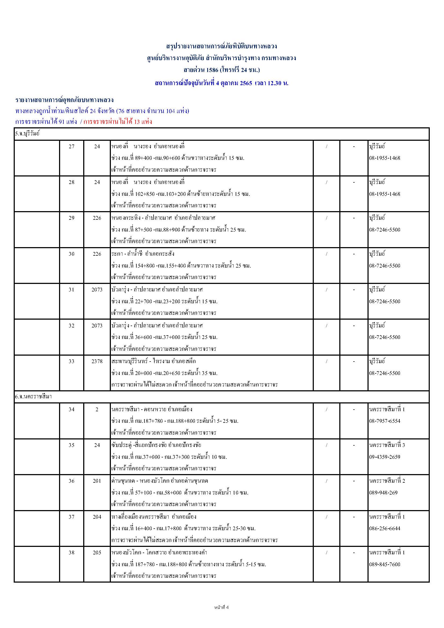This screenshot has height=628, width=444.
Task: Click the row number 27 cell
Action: coord(71,146)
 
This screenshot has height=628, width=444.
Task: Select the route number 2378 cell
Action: coord(97,361)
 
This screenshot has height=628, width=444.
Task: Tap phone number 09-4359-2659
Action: coord(384,457)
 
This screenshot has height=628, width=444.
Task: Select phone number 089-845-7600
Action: coord(384,564)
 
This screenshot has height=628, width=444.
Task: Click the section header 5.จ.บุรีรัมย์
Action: coord(27,134)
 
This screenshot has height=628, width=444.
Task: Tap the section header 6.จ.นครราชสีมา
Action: coord(33,397)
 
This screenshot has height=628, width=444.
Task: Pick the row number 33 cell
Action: coord(71,361)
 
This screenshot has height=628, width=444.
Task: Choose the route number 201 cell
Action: coord(97,481)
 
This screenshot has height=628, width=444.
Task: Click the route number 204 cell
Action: coord(97,517)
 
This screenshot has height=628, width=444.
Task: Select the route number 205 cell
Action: coord(97,553)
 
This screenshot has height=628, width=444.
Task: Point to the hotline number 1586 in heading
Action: coord(212,70)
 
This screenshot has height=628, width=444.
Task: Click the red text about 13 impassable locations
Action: coord(118,122)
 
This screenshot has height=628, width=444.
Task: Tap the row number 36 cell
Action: coord(71,481)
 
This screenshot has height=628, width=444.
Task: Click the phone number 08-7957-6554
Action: coord(384,421)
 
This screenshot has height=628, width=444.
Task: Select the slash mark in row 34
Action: coord(326,409)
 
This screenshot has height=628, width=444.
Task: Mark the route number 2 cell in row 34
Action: coord(97,409)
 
